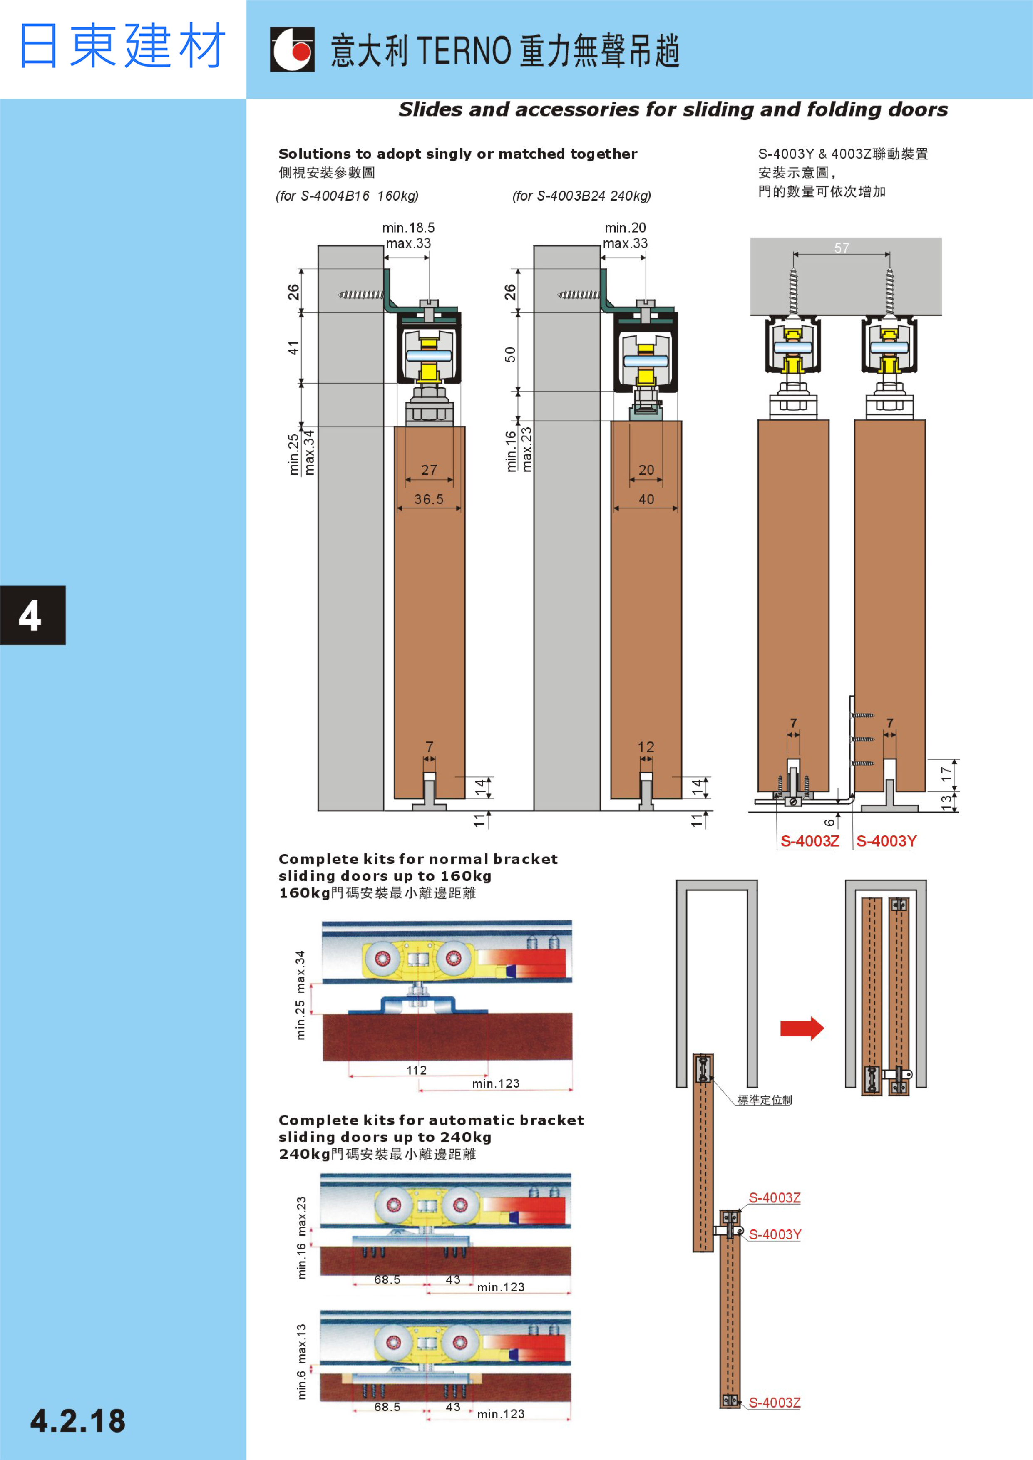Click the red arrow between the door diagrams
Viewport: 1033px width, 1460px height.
point(802,1028)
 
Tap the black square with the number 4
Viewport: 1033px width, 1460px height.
point(32,615)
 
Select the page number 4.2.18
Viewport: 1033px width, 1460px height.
point(77,1421)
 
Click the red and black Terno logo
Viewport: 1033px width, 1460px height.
point(292,49)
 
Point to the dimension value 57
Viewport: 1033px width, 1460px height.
point(842,248)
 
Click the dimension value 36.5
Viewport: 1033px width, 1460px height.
point(429,499)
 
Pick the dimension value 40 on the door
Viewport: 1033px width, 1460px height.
point(646,499)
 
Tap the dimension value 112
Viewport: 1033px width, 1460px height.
point(417,1070)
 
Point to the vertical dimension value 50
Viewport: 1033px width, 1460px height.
point(510,354)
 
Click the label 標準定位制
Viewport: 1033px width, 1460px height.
point(765,1100)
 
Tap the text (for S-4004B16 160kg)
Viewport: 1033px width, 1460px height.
point(347,196)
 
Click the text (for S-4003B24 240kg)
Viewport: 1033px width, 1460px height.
point(581,196)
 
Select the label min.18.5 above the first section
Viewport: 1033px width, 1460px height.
point(408,228)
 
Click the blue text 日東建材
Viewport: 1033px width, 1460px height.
point(122,46)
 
